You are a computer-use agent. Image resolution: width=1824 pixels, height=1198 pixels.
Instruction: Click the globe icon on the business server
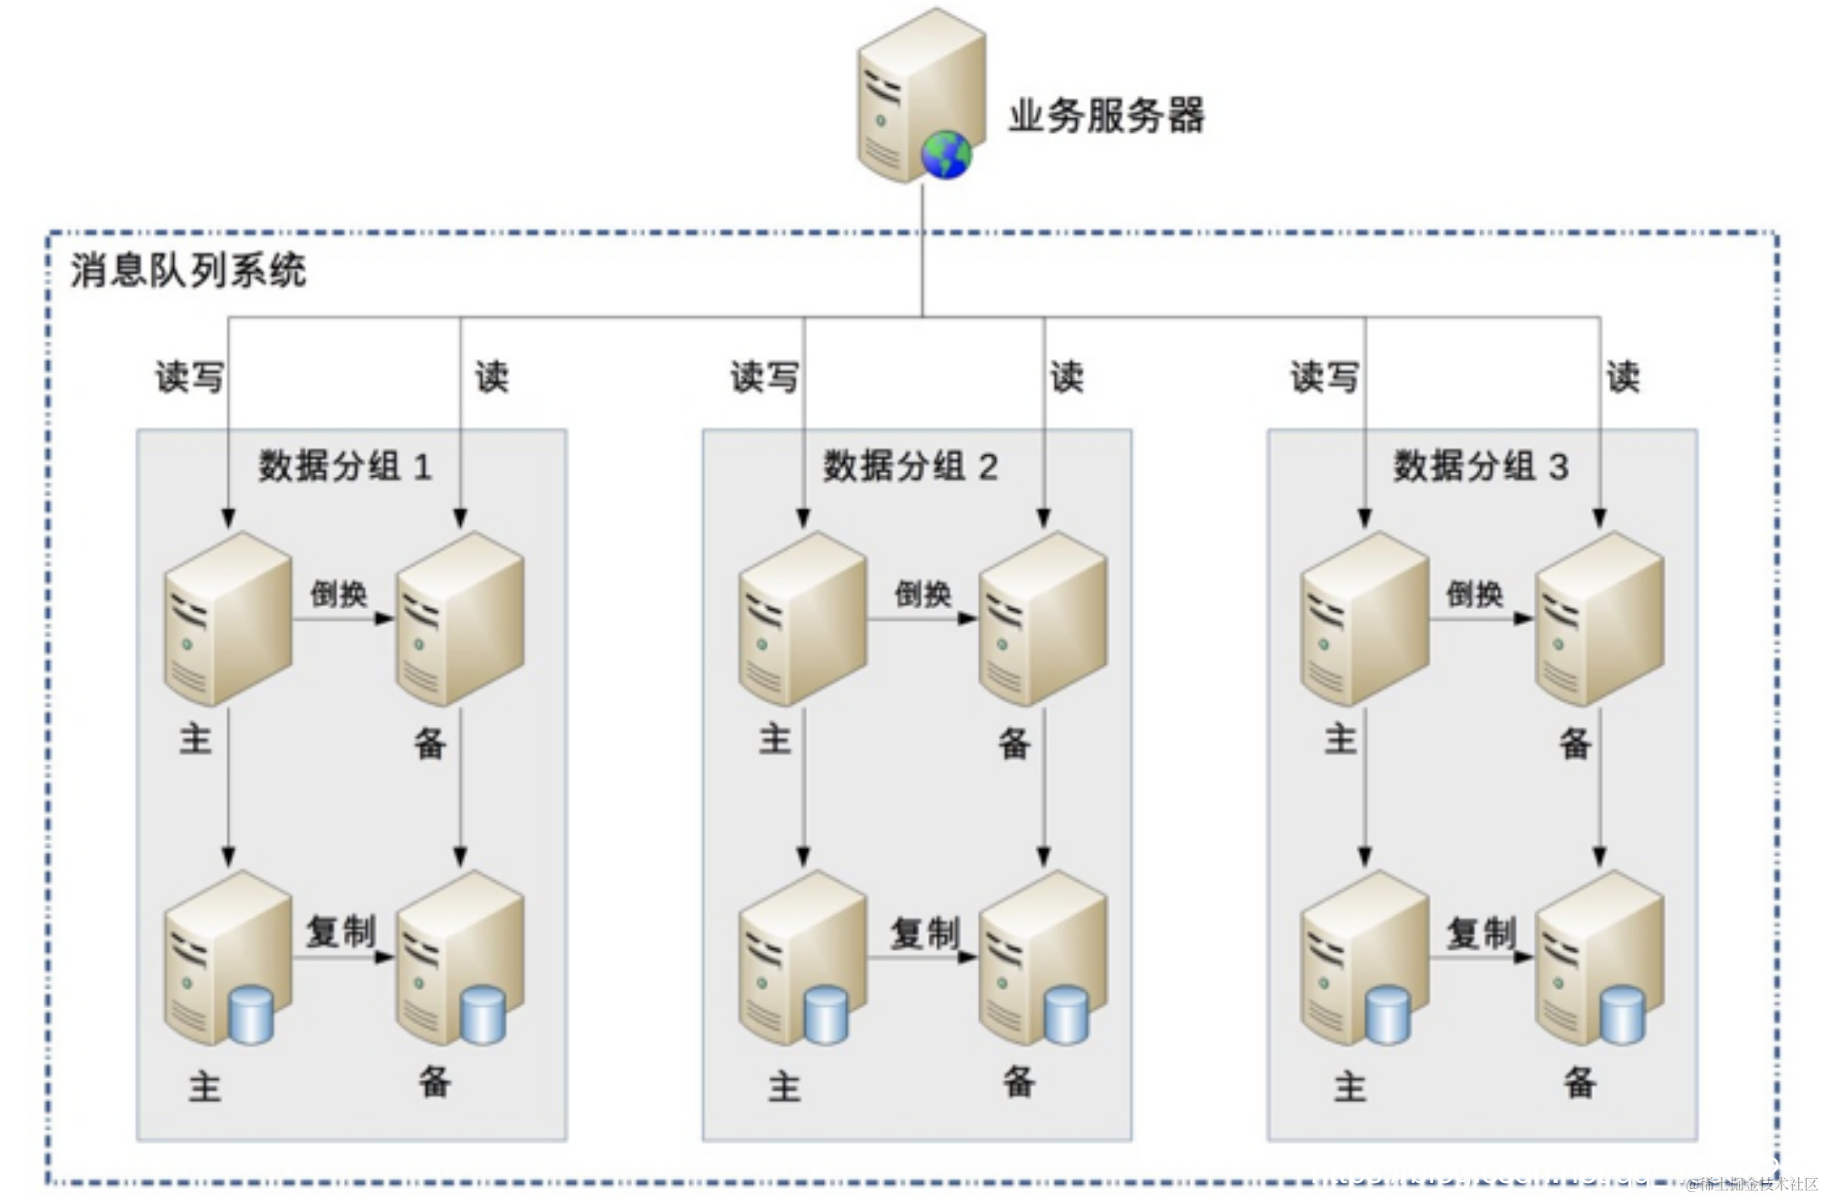click(x=946, y=154)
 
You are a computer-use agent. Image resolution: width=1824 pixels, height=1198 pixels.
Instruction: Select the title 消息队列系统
click(x=188, y=270)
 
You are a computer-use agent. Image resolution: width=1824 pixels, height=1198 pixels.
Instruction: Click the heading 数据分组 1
click(x=345, y=466)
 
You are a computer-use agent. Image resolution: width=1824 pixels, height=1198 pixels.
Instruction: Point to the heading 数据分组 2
click(x=910, y=466)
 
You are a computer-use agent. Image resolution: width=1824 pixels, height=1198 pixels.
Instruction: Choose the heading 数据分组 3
click(x=1481, y=466)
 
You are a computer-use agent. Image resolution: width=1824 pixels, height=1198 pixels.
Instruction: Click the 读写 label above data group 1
click(x=190, y=377)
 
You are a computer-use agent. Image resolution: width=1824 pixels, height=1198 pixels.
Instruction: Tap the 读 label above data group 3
click(x=1623, y=377)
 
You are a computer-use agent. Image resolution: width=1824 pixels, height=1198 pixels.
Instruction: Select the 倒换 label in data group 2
click(x=923, y=594)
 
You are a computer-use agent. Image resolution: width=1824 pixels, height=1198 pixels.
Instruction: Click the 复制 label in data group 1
click(x=341, y=931)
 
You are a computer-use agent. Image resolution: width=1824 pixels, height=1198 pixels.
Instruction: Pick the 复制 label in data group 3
click(x=1481, y=933)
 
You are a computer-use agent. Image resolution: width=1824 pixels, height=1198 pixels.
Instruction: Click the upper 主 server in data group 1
click(x=228, y=619)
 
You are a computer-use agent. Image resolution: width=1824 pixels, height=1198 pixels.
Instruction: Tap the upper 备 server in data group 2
click(x=1043, y=619)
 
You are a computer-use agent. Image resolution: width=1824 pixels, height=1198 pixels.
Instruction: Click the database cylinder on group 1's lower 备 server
click(x=483, y=1015)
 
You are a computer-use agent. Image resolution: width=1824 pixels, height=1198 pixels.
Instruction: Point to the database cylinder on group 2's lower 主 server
click(x=826, y=1015)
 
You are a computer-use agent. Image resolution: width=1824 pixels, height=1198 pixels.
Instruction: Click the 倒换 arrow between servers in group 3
click(x=1482, y=619)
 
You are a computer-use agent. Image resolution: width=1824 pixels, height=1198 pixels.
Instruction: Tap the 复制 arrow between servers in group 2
click(x=923, y=958)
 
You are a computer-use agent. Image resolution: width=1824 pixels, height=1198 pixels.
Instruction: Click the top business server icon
click(x=921, y=96)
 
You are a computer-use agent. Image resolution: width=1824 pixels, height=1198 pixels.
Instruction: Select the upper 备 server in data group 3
click(x=1599, y=619)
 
